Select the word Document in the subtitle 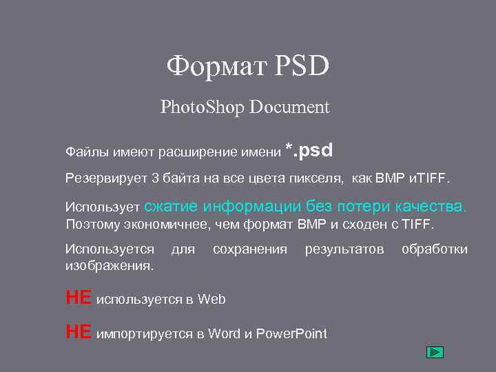(x=290, y=107)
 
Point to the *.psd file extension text (x=309, y=149)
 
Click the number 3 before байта (x=155, y=179)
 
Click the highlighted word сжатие (x=172, y=206)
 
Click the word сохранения (x=250, y=249)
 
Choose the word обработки (x=435, y=249)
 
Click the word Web (x=211, y=299)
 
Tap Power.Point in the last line (x=291, y=334)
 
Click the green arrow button (x=435, y=352)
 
